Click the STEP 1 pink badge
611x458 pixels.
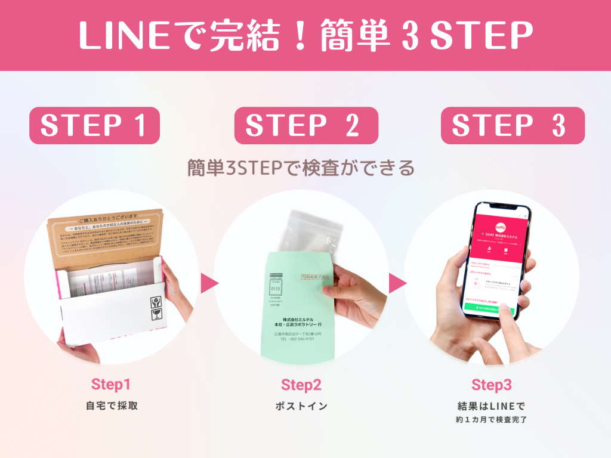[x=94, y=125]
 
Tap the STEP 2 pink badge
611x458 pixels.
[x=306, y=125]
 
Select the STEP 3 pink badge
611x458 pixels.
[x=513, y=125]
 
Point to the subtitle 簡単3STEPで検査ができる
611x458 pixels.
[x=301, y=168]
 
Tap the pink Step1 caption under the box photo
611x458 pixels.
[x=110, y=384]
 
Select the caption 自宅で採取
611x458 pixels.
[x=112, y=406]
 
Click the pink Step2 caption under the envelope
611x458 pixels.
[x=301, y=385]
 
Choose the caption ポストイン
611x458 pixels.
[x=301, y=406]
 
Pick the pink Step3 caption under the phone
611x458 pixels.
[x=491, y=385]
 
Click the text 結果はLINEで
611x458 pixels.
[x=491, y=406]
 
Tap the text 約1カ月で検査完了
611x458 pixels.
[x=491, y=420]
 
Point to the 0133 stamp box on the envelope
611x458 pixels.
[x=276, y=288]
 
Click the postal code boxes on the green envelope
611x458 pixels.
[x=314, y=277]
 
